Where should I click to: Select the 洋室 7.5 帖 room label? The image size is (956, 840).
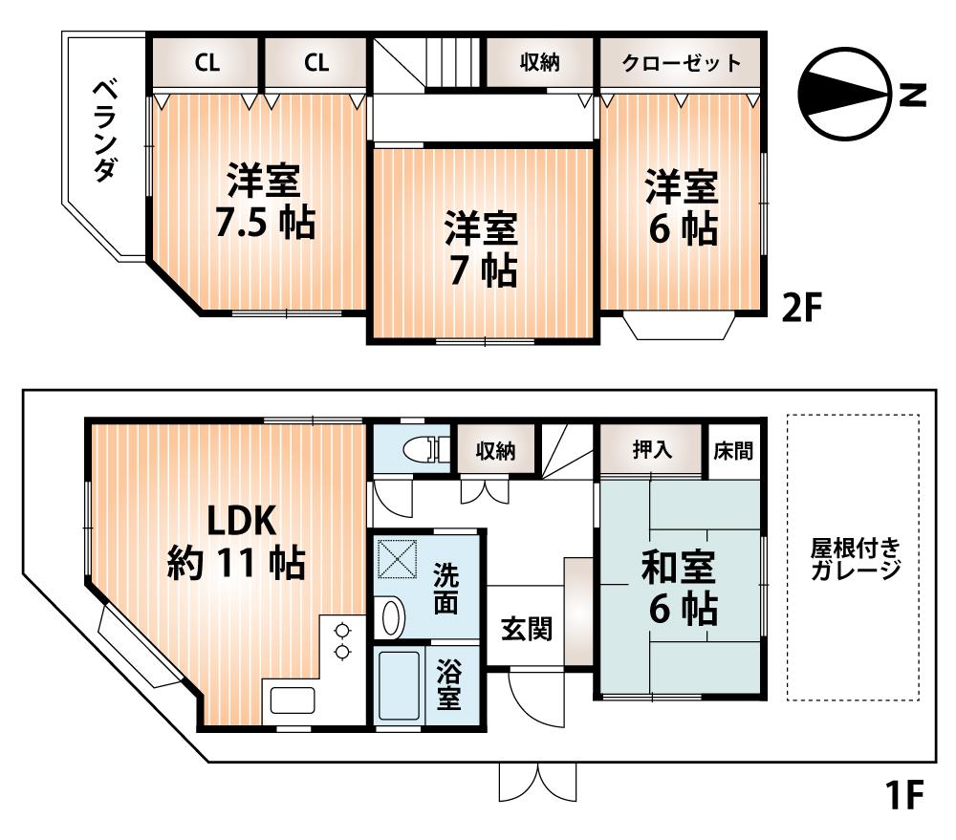pyautogui.click(x=263, y=203)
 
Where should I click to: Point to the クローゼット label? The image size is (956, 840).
pyautogui.click(x=681, y=64)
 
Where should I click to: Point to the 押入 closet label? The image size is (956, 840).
pyautogui.click(x=653, y=449)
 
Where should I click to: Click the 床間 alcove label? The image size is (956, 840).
pyautogui.click(x=734, y=449)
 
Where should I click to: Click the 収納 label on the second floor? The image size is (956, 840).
pyautogui.click(x=540, y=64)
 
